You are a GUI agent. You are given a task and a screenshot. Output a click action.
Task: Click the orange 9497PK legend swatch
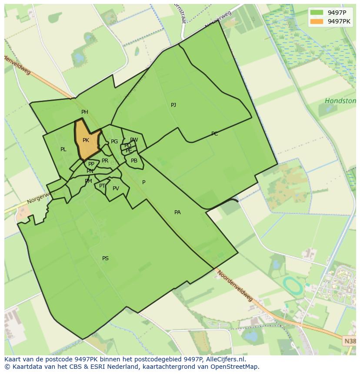pos(317,21)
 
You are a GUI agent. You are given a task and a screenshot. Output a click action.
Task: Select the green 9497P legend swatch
pos(317,12)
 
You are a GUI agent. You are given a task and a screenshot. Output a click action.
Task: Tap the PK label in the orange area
pos(86,140)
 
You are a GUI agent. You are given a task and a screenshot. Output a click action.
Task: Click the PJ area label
pos(173,105)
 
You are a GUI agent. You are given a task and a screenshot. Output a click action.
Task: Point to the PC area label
pos(214,134)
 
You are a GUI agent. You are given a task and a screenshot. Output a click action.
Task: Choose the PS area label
pos(105,258)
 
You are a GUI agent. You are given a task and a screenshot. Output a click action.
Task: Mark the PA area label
pos(177,212)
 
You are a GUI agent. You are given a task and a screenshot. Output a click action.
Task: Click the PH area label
pos(85,112)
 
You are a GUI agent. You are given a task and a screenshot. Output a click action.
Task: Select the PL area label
pos(63,149)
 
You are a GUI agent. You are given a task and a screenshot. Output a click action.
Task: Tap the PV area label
pos(116,189)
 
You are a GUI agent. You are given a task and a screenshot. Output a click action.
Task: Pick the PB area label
pos(134,161)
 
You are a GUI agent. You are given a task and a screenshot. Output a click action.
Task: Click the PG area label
pos(114,142)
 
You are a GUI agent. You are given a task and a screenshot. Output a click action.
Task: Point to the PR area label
pos(105,161)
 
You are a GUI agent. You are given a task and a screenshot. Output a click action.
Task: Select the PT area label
pos(102,186)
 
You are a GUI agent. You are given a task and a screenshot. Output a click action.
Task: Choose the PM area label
pos(88,181)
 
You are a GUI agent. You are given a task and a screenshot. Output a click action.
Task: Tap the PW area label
pos(134,140)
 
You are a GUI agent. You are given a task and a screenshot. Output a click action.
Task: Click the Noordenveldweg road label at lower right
pos(235,286)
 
